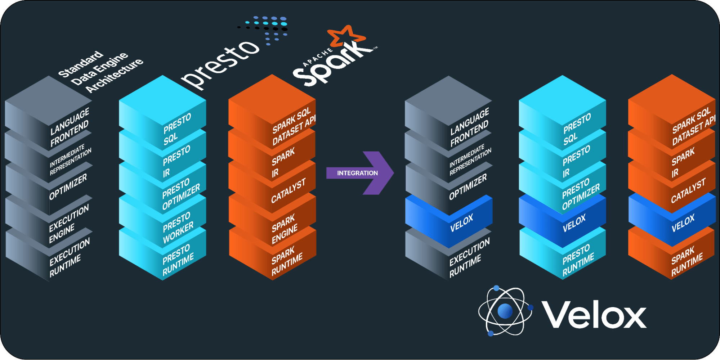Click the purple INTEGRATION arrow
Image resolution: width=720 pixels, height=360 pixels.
[x=358, y=173]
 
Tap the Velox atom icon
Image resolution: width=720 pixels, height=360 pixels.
[x=505, y=310]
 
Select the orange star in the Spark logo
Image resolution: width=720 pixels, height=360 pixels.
[x=346, y=36]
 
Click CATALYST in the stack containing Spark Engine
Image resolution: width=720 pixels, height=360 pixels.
[x=288, y=191]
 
